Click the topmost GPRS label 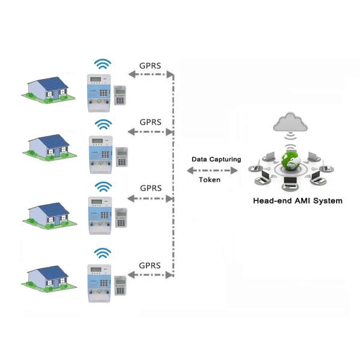click(151, 64)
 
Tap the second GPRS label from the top click(151, 122)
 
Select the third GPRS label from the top click(151, 188)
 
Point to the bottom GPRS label click(149, 265)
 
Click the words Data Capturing click(216, 160)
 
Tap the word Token click(209, 179)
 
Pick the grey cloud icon click(290, 122)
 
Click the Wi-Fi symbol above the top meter click(103, 64)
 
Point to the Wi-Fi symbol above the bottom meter click(103, 253)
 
